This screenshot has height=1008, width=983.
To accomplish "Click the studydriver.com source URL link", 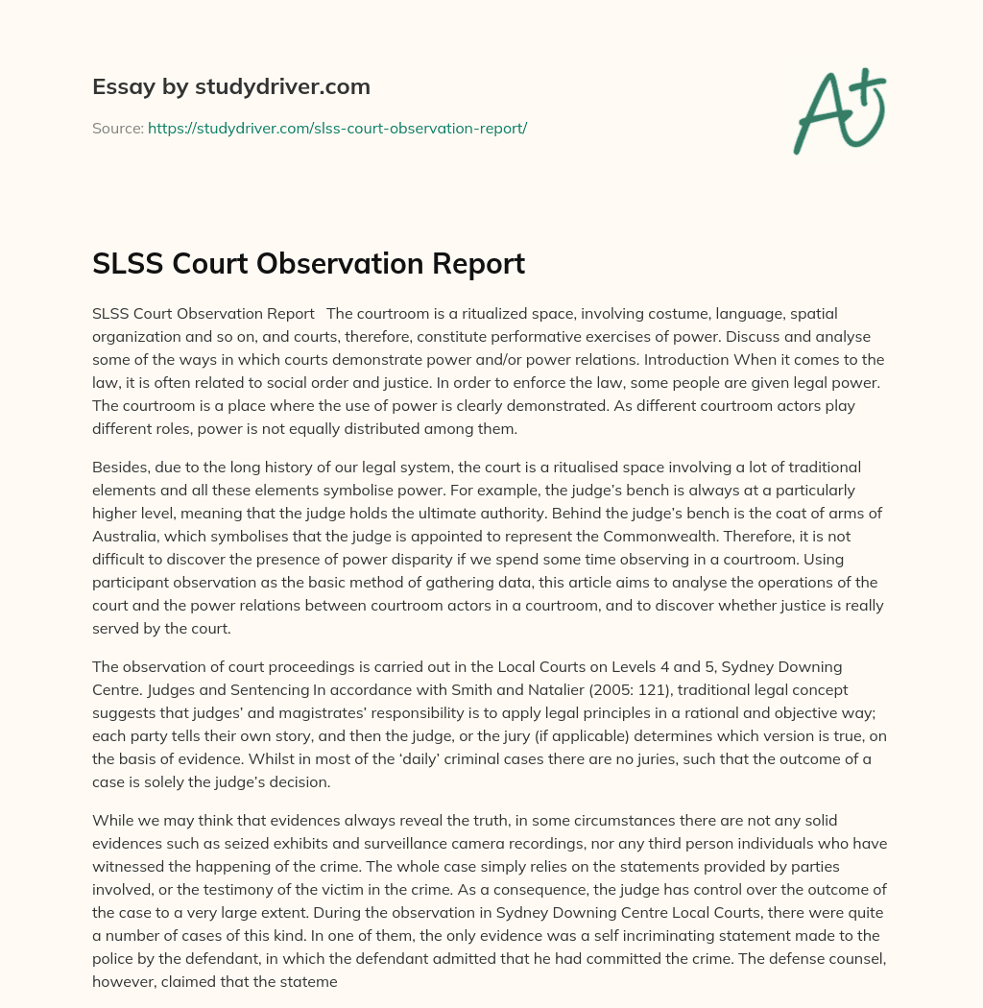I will point(337,128).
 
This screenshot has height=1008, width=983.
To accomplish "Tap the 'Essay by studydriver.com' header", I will point(230,86).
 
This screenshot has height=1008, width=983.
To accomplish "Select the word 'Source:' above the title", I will point(117,128).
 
